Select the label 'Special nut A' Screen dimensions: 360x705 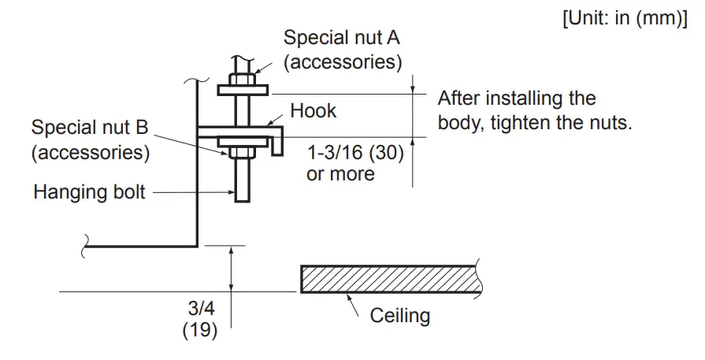tap(343, 37)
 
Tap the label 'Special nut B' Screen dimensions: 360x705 tap(91, 128)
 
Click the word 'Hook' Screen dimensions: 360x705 tap(313, 111)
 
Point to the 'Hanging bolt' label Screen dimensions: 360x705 tap(89, 191)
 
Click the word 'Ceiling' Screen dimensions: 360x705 tap(400, 316)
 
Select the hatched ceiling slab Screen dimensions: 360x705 tap(391, 279)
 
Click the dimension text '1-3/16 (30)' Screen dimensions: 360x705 tap(355, 153)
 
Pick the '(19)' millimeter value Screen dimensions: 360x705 tap(200, 332)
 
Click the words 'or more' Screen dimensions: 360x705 tap(340, 173)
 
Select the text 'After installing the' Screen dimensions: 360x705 tap(517, 99)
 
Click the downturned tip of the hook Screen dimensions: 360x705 tap(277, 147)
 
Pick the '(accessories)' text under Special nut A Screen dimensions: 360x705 tap(343, 61)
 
